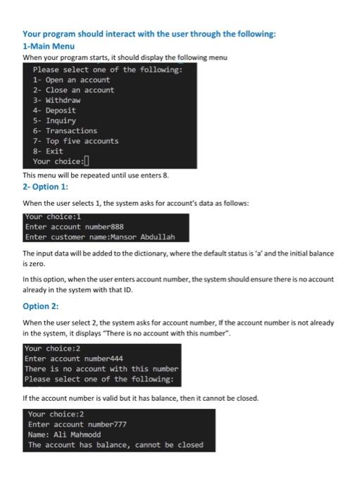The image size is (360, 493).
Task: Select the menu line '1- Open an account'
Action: coord(71,80)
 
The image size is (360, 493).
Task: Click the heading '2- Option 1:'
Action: coord(45,187)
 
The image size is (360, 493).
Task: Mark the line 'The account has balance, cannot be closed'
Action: coord(116,445)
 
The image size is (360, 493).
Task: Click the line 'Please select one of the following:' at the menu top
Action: coord(108,70)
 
